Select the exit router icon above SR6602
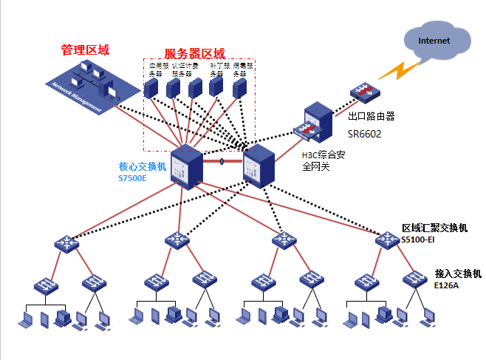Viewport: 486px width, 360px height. [x=363, y=93]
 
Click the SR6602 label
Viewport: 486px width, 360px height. [x=364, y=133]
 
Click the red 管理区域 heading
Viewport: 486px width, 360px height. [x=85, y=50]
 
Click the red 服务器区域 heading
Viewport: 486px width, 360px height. [x=194, y=53]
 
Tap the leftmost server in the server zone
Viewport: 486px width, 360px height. [x=151, y=89]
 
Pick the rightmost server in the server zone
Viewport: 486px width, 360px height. [x=240, y=89]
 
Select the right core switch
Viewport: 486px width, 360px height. [x=259, y=166]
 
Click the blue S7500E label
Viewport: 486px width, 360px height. [x=132, y=178]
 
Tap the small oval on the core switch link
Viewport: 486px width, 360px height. [x=222, y=160]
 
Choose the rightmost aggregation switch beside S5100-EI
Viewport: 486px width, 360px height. [x=386, y=240]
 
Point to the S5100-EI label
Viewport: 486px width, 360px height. [x=419, y=240]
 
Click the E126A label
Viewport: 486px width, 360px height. [x=446, y=284]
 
